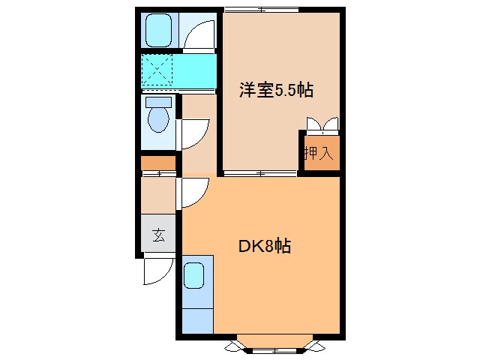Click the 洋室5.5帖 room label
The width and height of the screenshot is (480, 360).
point(276,91)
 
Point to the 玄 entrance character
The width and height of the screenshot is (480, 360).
point(158,235)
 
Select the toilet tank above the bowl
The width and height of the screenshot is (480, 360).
point(157,101)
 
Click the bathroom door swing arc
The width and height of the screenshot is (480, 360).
point(196,33)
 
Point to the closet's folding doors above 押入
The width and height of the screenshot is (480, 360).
point(321,124)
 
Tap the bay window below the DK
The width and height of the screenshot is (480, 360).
point(275,346)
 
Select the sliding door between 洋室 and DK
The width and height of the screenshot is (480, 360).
point(259,173)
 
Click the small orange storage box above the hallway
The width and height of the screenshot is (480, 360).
point(158,163)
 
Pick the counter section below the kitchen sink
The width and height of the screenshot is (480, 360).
point(196,315)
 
